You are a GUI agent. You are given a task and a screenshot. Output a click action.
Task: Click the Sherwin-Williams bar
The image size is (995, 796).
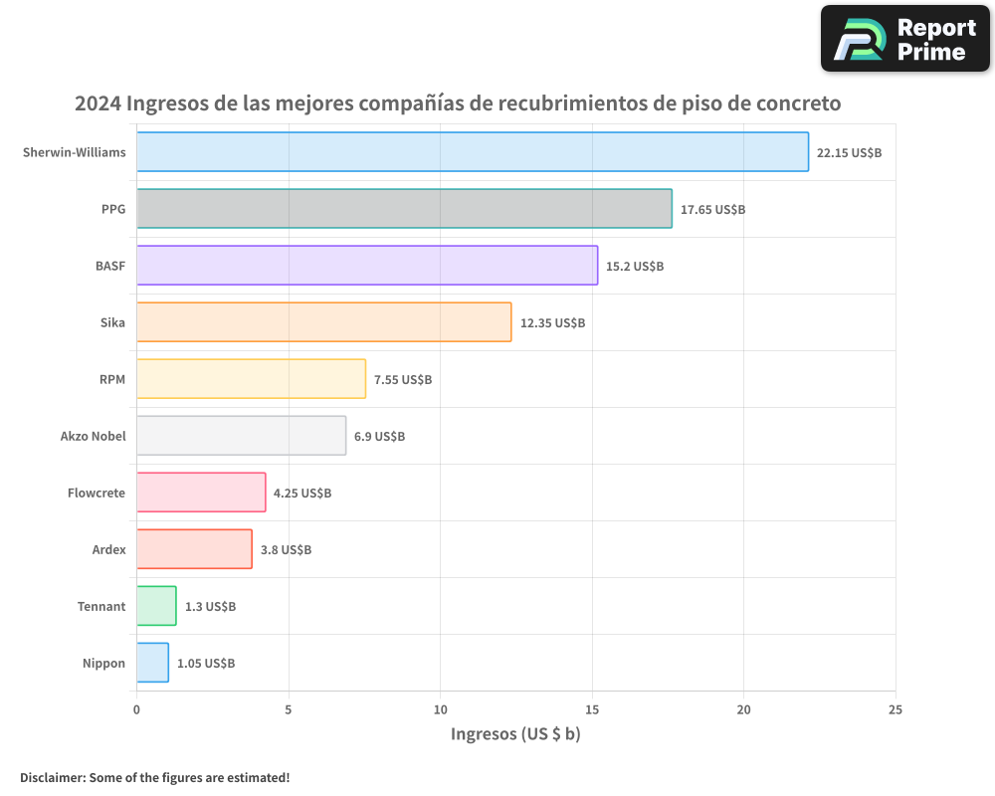[x=472, y=152]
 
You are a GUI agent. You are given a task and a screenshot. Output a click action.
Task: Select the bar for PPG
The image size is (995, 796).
[x=404, y=209]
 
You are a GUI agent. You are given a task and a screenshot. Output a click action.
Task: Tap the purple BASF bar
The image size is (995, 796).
[x=366, y=266]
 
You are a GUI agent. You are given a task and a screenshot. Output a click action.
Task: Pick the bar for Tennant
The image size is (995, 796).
[x=156, y=606]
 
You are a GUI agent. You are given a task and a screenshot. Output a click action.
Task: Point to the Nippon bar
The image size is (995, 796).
[x=152, y=663]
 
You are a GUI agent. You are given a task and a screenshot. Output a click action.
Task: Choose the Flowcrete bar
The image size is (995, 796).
[x=201, y=493]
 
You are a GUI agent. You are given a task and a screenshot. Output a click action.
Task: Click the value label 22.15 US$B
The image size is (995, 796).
[x=849, y=153]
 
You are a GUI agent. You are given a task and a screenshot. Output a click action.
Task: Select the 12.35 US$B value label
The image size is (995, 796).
[x=552, y=323]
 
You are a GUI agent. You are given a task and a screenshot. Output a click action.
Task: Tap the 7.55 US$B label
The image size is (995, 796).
[x=403, y=380]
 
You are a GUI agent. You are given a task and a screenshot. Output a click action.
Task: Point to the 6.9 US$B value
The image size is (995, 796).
[x=379, y=437]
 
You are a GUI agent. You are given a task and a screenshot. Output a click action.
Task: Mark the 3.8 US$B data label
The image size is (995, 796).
[x=286, y=550]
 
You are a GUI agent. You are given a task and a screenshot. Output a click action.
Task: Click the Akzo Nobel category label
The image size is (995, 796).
[x=94, y=436]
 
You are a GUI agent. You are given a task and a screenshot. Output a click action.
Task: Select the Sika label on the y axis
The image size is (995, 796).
[x=112, y=322]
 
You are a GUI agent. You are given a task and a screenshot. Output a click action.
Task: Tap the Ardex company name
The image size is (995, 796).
[x=108, y=549]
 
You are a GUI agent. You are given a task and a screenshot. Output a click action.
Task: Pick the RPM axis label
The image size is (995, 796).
[x=112, y=379]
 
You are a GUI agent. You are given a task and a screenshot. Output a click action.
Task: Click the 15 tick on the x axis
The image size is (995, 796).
[x=592, y=709]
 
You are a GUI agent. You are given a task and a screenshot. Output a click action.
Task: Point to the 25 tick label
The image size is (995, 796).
[x=895, y=709]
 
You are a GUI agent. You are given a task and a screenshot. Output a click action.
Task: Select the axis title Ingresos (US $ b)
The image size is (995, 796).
[x=515, y=735]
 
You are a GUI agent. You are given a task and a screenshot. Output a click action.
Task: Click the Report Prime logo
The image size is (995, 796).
[x=904, y=39]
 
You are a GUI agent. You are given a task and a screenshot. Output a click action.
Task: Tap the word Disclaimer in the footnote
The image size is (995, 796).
[x=51, y=777]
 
